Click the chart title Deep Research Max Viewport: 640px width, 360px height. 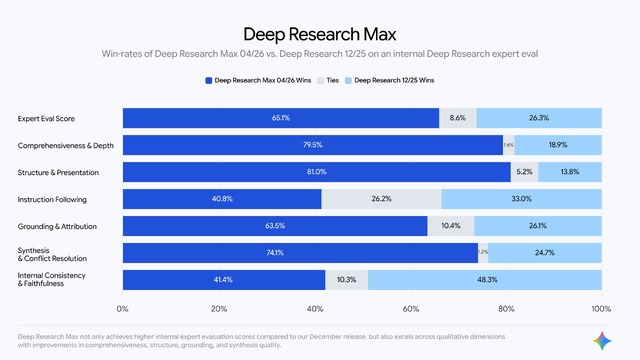319,32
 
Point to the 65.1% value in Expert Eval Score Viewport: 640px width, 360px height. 280,118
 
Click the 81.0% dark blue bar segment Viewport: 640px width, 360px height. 316,172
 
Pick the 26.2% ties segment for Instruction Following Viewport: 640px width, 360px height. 381,199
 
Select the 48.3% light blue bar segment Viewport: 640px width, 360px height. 484,280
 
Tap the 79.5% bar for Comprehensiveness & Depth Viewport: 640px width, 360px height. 312,145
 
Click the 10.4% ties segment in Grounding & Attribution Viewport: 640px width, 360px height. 450,226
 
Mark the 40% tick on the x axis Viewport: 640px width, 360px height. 315,309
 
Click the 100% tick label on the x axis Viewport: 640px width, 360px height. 601,309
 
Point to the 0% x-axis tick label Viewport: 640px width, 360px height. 123,309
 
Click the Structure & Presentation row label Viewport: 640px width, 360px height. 59,172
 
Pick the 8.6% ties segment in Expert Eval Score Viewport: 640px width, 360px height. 457,118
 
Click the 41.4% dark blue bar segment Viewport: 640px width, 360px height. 224,280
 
